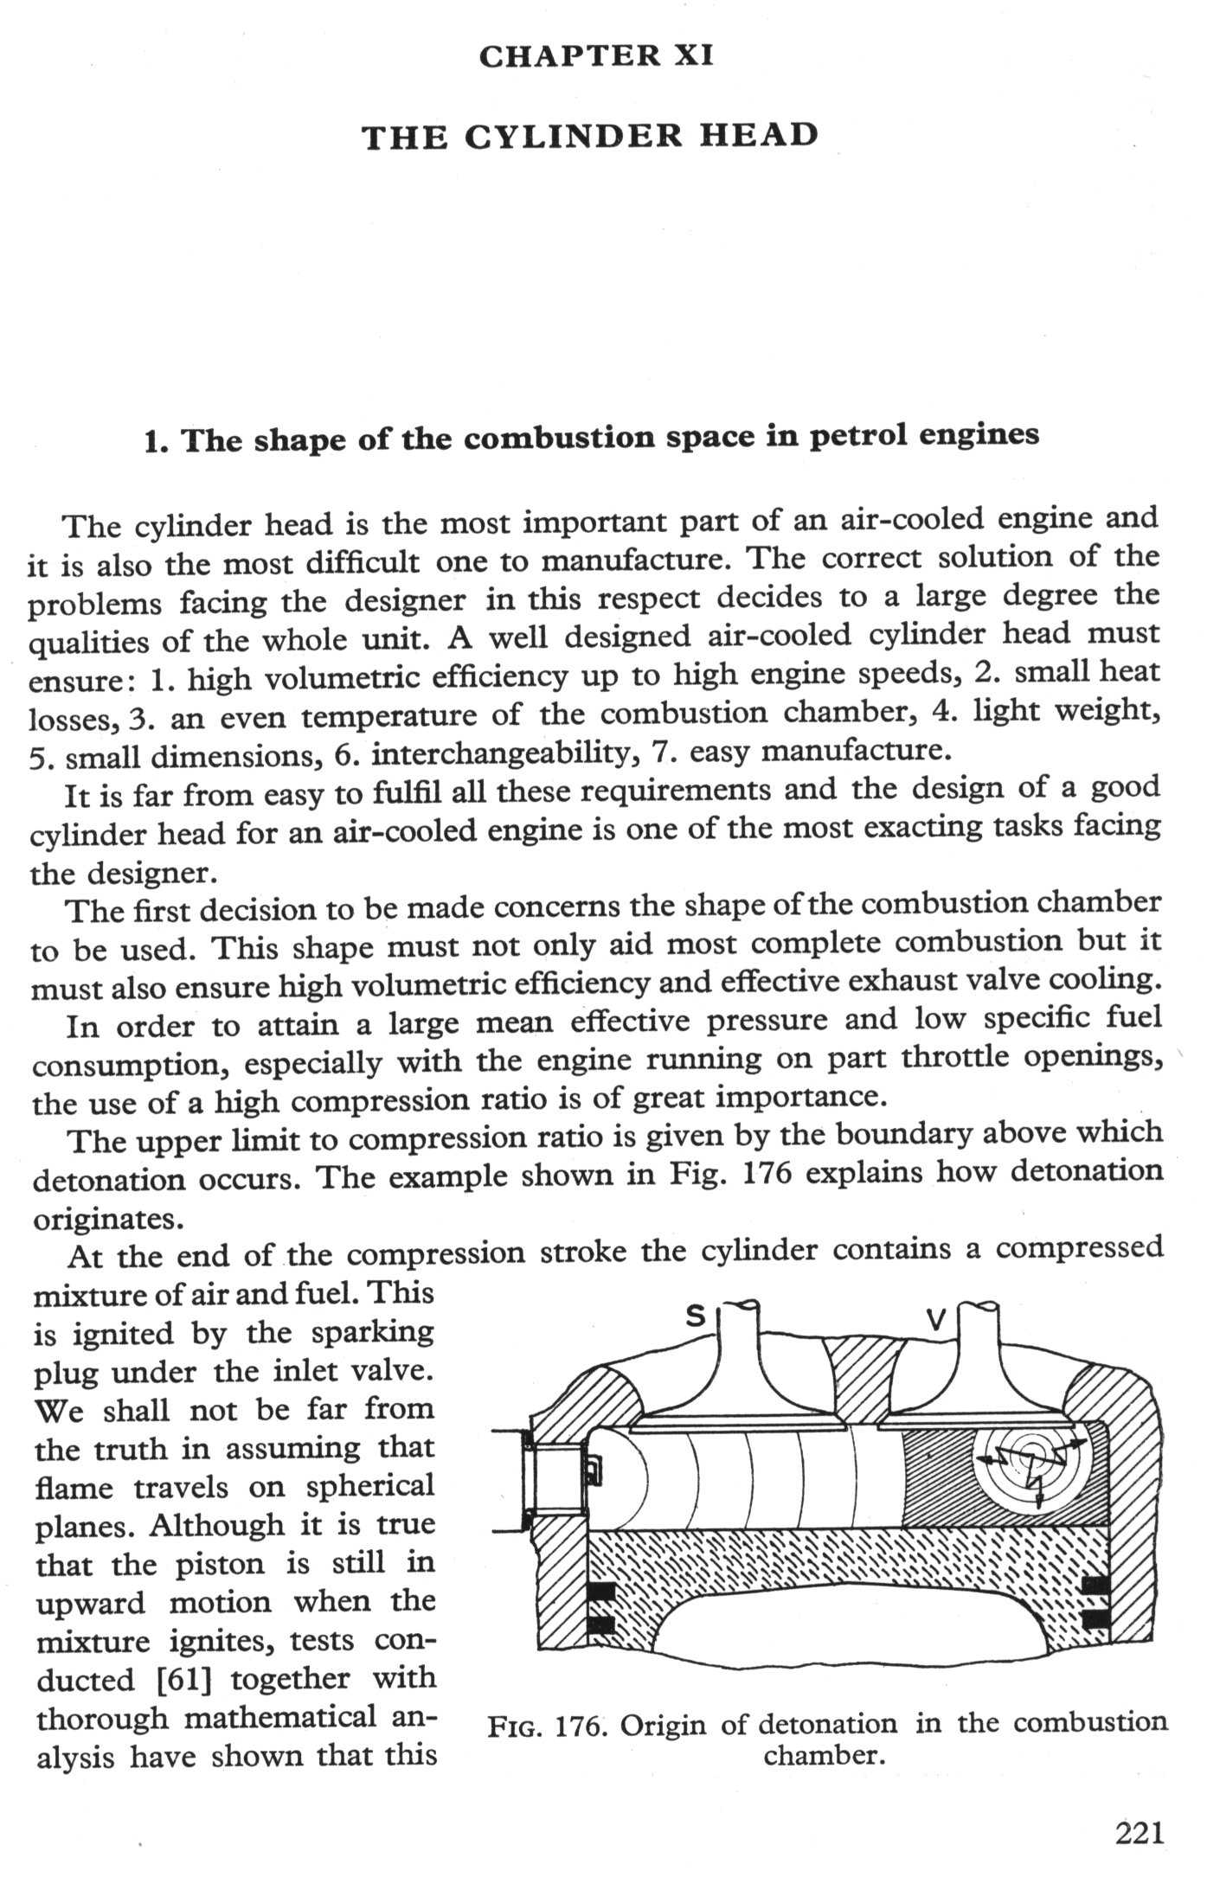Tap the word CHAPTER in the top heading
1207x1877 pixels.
[563, 57]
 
